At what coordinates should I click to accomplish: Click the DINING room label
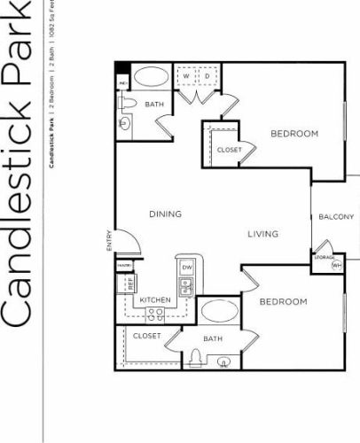pos(165,214)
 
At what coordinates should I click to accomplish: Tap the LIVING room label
pos(262,234)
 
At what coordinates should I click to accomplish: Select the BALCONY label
pos(337,217)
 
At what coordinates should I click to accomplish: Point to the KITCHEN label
pos(156,301)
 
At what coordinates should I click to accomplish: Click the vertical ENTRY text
pos(109,240)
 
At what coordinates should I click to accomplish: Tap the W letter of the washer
pos(186,75)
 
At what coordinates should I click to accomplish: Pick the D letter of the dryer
pos(207,75)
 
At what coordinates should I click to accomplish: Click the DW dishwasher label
pos(186,267)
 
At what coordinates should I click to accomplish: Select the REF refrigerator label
pos(130,284)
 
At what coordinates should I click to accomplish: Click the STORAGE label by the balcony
pos(323,257)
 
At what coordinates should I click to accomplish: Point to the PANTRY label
pos(125,265)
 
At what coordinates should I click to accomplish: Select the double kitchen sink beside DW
pos(187,286)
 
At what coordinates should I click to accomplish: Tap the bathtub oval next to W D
pos(151,77)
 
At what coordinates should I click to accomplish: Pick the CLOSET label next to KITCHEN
pos(147,337)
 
